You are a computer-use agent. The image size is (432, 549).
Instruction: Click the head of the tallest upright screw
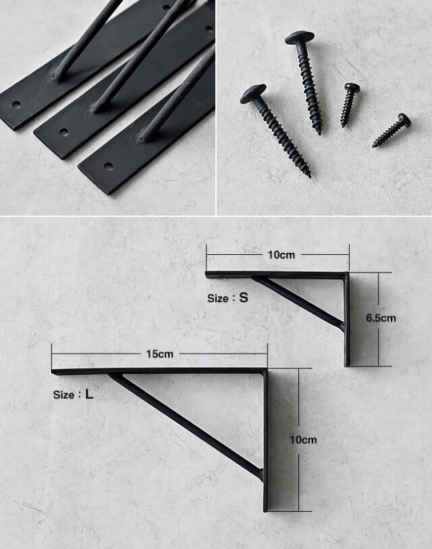(300, 37)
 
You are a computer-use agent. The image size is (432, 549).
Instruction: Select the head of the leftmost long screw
(253, 93)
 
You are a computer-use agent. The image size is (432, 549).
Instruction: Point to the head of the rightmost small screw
(404, 120)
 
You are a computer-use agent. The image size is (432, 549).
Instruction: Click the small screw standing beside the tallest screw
(349, 104)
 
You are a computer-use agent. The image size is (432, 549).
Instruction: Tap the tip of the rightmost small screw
(374, 145)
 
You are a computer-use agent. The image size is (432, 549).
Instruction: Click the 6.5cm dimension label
(381, 318)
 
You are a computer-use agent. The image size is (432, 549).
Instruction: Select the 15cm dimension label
(160, 354)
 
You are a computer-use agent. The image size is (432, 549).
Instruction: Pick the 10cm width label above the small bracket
(281, 255)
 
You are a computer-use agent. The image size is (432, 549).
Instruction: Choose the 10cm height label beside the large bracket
(303, 439)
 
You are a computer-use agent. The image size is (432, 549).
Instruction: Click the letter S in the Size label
(244, 297)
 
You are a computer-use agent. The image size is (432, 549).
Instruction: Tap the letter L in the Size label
(90, 394)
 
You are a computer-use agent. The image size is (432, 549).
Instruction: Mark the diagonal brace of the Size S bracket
(298, 302)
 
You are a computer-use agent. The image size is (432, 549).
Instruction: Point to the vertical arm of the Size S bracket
(347, 319)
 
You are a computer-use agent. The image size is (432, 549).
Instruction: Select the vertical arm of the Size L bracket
(266, 440)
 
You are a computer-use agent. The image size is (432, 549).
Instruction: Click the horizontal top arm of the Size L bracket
(159, 371)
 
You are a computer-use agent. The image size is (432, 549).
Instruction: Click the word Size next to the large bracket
(63, 395)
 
